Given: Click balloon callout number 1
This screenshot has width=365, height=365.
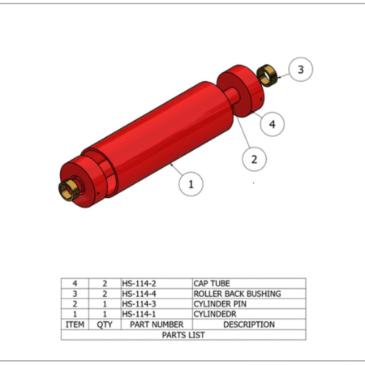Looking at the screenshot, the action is [x=191, y=184].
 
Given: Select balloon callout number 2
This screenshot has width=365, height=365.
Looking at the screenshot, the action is [x=254, y=159].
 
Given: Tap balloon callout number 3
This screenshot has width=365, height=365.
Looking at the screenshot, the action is [x=301, y=70].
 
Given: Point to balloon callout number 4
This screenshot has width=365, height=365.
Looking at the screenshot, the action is [x=272, y=124].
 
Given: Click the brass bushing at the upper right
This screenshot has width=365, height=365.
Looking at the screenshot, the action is [x=266, y=75].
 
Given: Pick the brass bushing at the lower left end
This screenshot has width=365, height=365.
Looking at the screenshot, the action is [x=68, y=191].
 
